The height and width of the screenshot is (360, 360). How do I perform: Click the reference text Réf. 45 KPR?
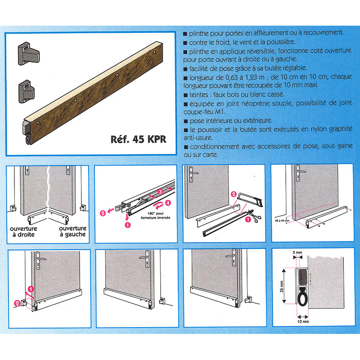click(x=138, y=139)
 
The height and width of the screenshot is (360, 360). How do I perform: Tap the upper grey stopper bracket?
click(x=29, y=53)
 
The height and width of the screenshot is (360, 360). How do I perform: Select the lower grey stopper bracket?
click(x=27, y=91)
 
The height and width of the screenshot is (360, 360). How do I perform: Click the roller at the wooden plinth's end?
click(x=28, y=140)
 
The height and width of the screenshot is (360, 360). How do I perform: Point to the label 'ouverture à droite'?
click(x=23, y=231)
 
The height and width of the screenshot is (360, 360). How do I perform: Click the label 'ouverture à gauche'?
click(x=72, y=231)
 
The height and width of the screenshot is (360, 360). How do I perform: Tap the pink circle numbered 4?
click(x=168, y=203)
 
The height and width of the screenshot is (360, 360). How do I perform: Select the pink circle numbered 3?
click(x=160, y=191)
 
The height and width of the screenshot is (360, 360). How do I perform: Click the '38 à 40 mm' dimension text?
click(x=282, y=220)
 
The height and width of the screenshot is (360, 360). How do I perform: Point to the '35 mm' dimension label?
click(x=282, y=287)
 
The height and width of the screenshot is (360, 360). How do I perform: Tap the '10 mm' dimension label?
click(x=303, y=322)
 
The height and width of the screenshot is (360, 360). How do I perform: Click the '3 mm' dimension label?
click(x=297, y=252)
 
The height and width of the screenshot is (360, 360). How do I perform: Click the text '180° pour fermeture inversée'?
click(x=155, y=216)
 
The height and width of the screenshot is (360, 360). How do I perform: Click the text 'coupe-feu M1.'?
click(x=205, y=112)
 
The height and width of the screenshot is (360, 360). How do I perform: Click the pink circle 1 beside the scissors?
click(x=248, y=220)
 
